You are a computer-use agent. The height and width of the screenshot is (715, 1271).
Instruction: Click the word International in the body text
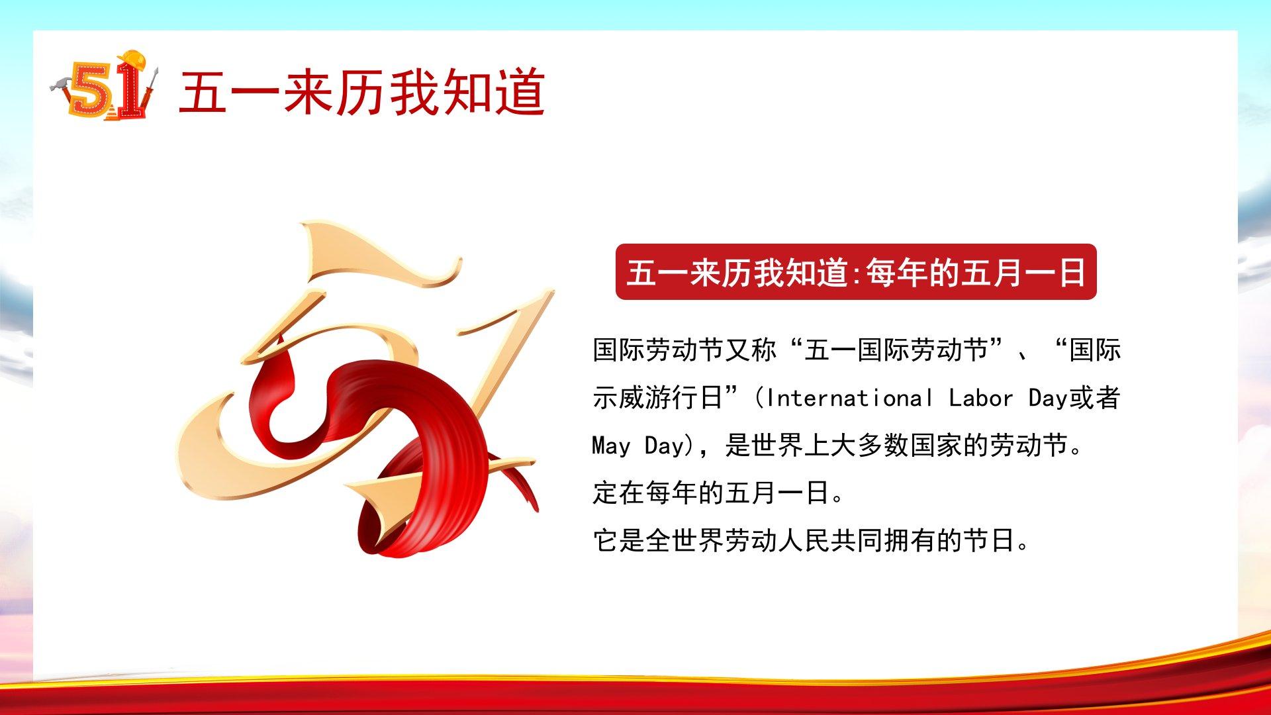849,398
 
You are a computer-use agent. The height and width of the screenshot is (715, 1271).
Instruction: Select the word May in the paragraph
611,446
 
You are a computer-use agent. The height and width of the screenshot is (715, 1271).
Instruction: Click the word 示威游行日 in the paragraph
657,398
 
